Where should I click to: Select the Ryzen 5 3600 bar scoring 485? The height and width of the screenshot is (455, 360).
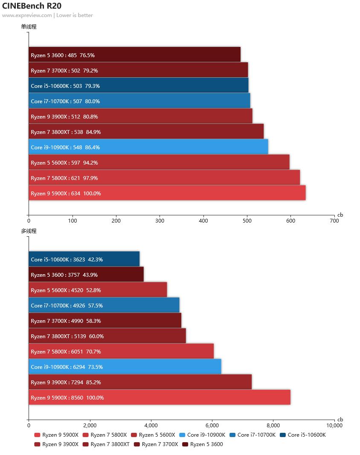[x=135, y=55]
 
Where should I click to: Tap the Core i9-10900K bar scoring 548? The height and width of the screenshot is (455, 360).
[x=148, y=147]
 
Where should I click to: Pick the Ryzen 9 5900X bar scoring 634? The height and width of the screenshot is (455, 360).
[x=167, y=193]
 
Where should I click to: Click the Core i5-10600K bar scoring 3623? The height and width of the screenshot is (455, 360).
[x=84, y=259]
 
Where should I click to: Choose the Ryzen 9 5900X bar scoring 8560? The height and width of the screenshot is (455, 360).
[x=160, y=397]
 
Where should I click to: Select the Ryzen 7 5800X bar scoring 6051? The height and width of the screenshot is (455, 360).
[x=121, y=351]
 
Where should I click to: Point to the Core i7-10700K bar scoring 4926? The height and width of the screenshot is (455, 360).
[x=104, y=305]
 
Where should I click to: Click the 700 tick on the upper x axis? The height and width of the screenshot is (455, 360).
[x=334, y=221]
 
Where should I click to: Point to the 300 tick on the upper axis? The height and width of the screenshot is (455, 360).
[x=160, y=221]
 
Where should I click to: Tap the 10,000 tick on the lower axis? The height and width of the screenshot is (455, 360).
[x=334, y=425]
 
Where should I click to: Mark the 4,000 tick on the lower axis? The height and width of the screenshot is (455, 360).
[x=151, y=425]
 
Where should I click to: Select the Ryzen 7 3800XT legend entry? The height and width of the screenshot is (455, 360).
[x=107, y=444]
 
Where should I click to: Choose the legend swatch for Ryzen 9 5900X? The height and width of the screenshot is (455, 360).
[x=37, y=435]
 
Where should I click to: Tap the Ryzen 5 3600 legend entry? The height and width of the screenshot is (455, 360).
[x=203, y=444]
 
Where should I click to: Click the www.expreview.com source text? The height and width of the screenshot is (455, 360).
[x=27, y=15]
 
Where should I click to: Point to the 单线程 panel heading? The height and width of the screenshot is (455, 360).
[x=29, y=26]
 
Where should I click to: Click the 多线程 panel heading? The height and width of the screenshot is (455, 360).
[x=29, y=231]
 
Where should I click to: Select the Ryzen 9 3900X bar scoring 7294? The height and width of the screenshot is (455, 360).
[x=140, y=382]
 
